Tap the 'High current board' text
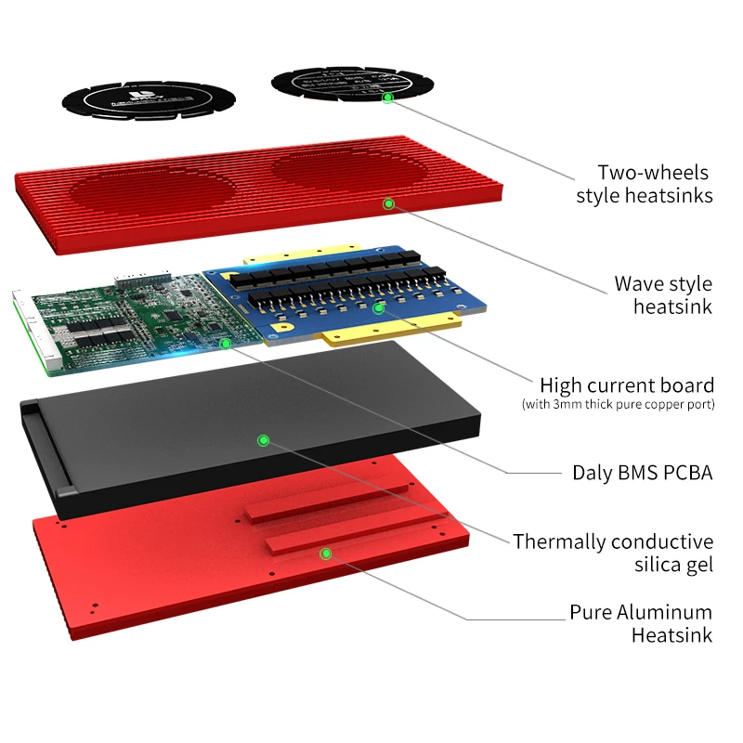(627, 385)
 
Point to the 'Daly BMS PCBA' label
(642, 472)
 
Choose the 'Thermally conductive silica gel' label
(613, 552)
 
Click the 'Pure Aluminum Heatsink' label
(641, 623)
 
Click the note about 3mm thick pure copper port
(617, 404)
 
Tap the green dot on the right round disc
(388, 97)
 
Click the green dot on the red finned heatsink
(388, 202)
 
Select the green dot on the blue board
(378, 306)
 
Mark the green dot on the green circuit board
(225, 343)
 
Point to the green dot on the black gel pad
(263, 439)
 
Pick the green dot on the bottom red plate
(325, 554)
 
